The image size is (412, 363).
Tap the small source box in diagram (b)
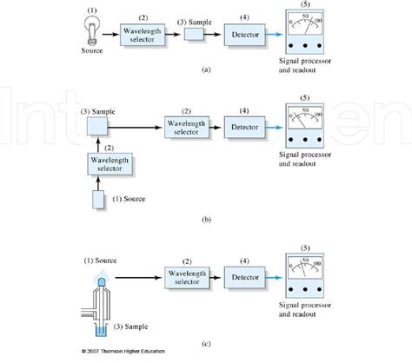[x=98, y=199]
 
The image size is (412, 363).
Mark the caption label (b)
[x=206, y=221]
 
